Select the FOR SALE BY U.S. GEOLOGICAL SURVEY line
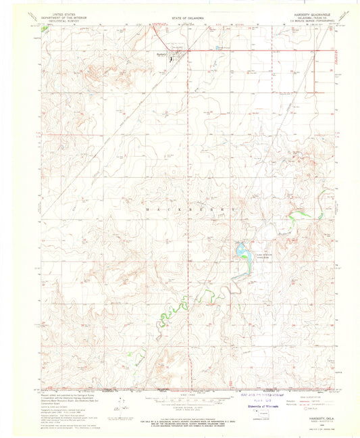click(180, 421)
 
